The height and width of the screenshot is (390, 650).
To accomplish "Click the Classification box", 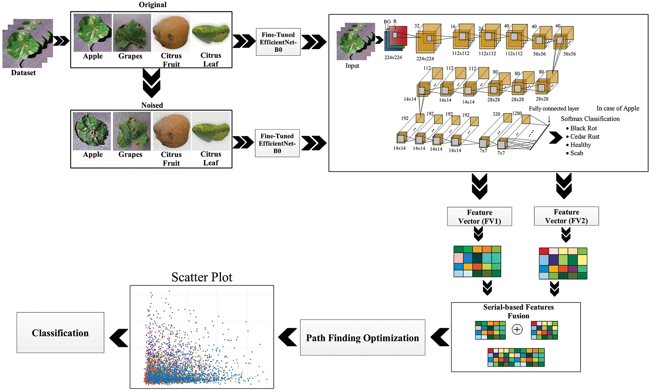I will pos(60,333).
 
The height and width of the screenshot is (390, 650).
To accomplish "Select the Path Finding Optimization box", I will pos(362,338).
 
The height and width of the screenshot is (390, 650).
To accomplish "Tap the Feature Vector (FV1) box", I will pos(479,217).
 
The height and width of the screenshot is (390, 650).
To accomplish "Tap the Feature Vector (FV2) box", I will pos(566,216).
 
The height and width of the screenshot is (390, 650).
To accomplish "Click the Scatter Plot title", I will pos(201,277).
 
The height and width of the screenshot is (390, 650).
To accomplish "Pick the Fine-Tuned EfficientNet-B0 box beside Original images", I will pos(278,42).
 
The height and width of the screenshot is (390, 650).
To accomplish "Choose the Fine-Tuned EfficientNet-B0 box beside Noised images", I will pos(277,143).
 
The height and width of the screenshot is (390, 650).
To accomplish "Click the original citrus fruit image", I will pos(171,33).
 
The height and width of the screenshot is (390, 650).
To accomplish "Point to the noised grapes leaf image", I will pos(132,131).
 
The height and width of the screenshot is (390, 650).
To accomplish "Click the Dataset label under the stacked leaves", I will pos(23,73).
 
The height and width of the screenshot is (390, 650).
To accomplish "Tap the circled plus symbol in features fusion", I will pos(517,330).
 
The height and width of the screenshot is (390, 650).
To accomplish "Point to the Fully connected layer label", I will pos(554,109).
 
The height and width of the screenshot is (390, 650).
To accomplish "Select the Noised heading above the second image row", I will pos(152,105).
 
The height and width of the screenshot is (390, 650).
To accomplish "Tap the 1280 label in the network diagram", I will pos(517,113).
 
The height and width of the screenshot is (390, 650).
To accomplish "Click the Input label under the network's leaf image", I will pos(352,66).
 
